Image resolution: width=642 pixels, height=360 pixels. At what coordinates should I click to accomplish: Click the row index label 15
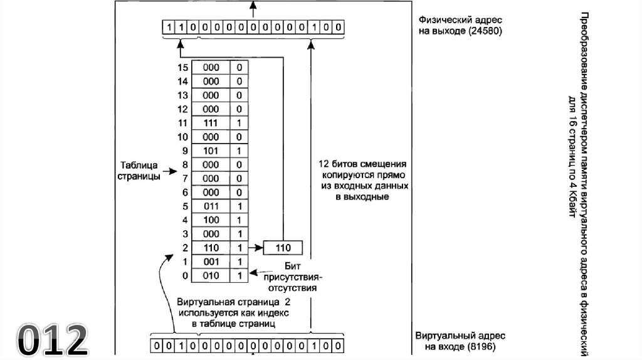coord(183,68)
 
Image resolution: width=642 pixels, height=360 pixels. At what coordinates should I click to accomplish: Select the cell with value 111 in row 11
coord(211,123)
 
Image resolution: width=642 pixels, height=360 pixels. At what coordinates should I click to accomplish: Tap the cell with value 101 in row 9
coord(211,151)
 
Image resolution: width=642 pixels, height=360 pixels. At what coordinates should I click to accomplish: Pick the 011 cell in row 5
coord(211,206)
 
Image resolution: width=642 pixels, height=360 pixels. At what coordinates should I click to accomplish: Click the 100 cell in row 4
coord(211,220)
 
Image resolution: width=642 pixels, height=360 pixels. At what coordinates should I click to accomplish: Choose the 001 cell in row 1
coord(211,261)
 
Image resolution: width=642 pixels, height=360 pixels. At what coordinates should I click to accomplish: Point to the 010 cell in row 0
coord(211,275)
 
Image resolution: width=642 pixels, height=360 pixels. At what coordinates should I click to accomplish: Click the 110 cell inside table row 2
coord(211,247)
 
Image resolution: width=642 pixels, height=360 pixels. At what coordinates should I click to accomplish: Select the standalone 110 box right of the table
coord(283,248)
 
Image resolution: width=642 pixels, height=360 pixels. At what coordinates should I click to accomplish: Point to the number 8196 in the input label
coord(481,346)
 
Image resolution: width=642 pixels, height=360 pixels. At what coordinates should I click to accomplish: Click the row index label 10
coord(183,137)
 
